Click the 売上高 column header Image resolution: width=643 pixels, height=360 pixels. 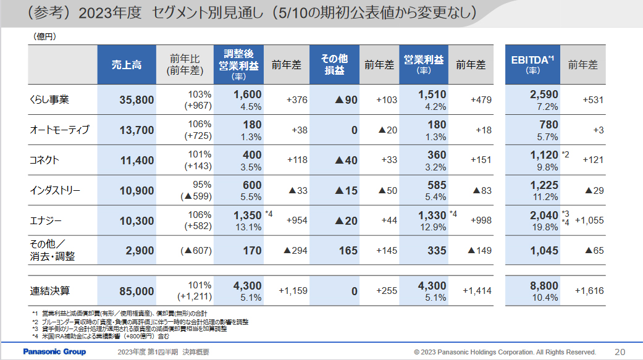(x=127, y=65)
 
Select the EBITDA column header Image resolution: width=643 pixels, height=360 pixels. (x=533, y=65)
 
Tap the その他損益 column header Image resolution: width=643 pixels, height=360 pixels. (x=334, y=65)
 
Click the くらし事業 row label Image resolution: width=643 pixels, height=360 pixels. (x=49, y=99)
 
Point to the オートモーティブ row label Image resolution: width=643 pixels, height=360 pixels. (x=59, y=130)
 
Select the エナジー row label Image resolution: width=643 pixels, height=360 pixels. (x=45, y=220)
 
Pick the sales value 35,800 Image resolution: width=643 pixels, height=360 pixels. (x=136, y=100)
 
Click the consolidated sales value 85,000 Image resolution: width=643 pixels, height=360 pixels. (x=136, y=291)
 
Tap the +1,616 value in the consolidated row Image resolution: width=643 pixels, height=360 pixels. (x=589, y=291)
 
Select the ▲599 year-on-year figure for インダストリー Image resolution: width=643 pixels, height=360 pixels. (x=196, y=197)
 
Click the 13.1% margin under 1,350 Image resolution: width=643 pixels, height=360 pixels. (x=248, y=227)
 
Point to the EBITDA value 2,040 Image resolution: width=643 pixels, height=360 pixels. (x=544, y=215)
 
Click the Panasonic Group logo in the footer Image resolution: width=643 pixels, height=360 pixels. (x=54, y=352)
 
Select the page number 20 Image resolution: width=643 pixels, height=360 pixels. (x=620, y=352)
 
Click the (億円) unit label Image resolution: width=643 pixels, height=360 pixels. (x=44, y=36)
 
